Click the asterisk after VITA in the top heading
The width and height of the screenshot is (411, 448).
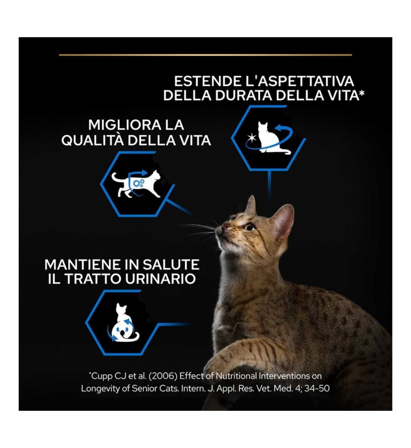pyautogui.click(x=362, y=94)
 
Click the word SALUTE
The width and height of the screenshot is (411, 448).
pyautogui.click(x=171, y=265)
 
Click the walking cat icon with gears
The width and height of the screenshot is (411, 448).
pyautogui.click(x=136, y=183)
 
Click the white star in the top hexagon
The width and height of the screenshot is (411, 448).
pyautogui.click(x=251, y=138)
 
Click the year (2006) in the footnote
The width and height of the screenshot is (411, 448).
pyautogui.click(x=163, y=376)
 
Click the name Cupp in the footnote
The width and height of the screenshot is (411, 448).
pyautogui.click(x=102, y=376)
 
